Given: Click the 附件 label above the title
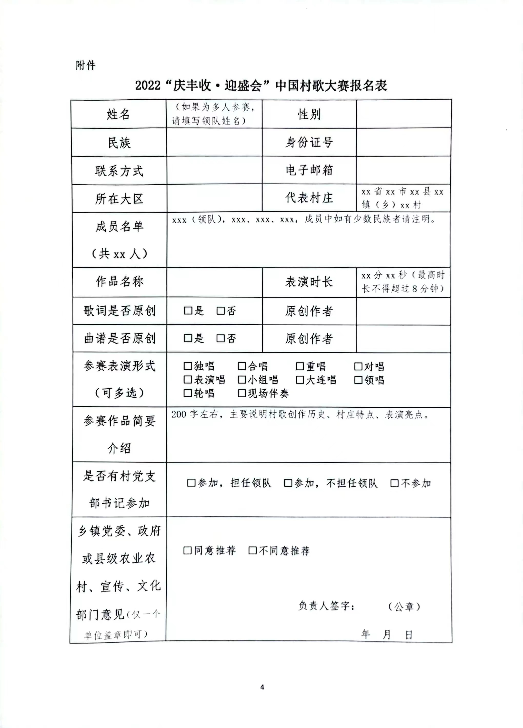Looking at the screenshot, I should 86,66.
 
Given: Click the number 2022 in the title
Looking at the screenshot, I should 148,86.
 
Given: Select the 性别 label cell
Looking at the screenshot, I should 309,114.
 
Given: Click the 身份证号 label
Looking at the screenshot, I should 309,142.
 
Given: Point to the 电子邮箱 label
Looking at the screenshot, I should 309,170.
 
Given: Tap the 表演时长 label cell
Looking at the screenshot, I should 309,282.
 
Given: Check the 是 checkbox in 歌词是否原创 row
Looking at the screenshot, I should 187,311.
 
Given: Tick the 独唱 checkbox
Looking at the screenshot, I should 187,366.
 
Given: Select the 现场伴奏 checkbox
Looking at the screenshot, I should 242,393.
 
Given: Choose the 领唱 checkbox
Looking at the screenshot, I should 358,380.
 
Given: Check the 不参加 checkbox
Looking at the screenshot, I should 394,483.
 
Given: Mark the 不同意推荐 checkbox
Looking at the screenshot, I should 253,551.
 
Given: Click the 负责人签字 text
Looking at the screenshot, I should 326,606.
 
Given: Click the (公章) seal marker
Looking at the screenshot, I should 404,606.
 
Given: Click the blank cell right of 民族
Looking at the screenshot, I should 214,142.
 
